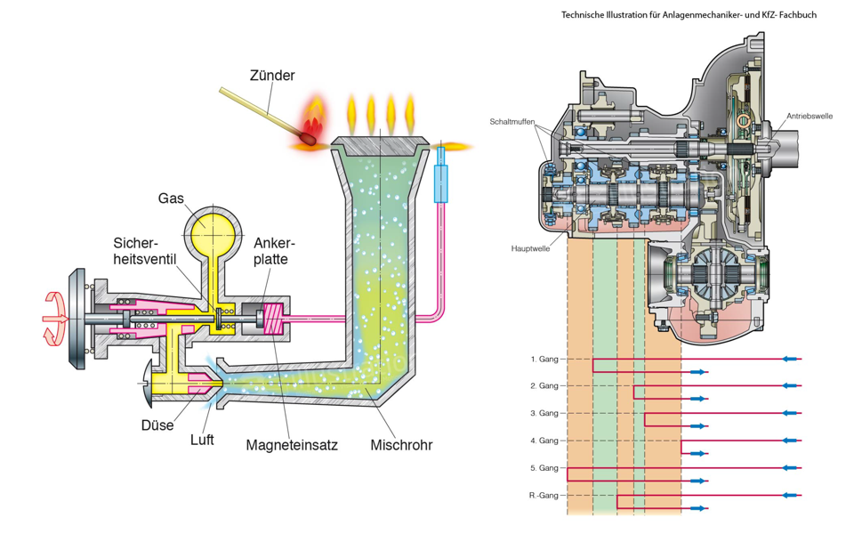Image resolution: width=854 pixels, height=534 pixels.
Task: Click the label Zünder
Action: click(x=271, y=76)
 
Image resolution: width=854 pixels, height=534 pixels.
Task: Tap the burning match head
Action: click(x=309, y=139)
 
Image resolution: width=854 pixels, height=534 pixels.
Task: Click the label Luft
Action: click(x=202, y=440)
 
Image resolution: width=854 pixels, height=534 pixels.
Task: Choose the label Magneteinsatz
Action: click(x=292, y=445)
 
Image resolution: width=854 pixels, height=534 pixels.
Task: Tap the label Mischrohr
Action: click(x=401, y=444)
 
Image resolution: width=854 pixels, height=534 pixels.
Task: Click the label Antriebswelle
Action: click(x=809, y=117)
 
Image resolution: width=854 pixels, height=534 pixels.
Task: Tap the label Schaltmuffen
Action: click(x=512, y=121)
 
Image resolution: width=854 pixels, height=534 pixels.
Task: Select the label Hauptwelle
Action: click(x=529, y=248)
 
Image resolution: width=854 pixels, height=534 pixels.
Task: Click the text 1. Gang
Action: click(x=544, y=359)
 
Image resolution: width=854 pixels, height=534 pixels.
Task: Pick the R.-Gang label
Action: click(x=542, y=495)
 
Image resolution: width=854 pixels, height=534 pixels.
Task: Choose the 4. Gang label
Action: click(x=544, y=441)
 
